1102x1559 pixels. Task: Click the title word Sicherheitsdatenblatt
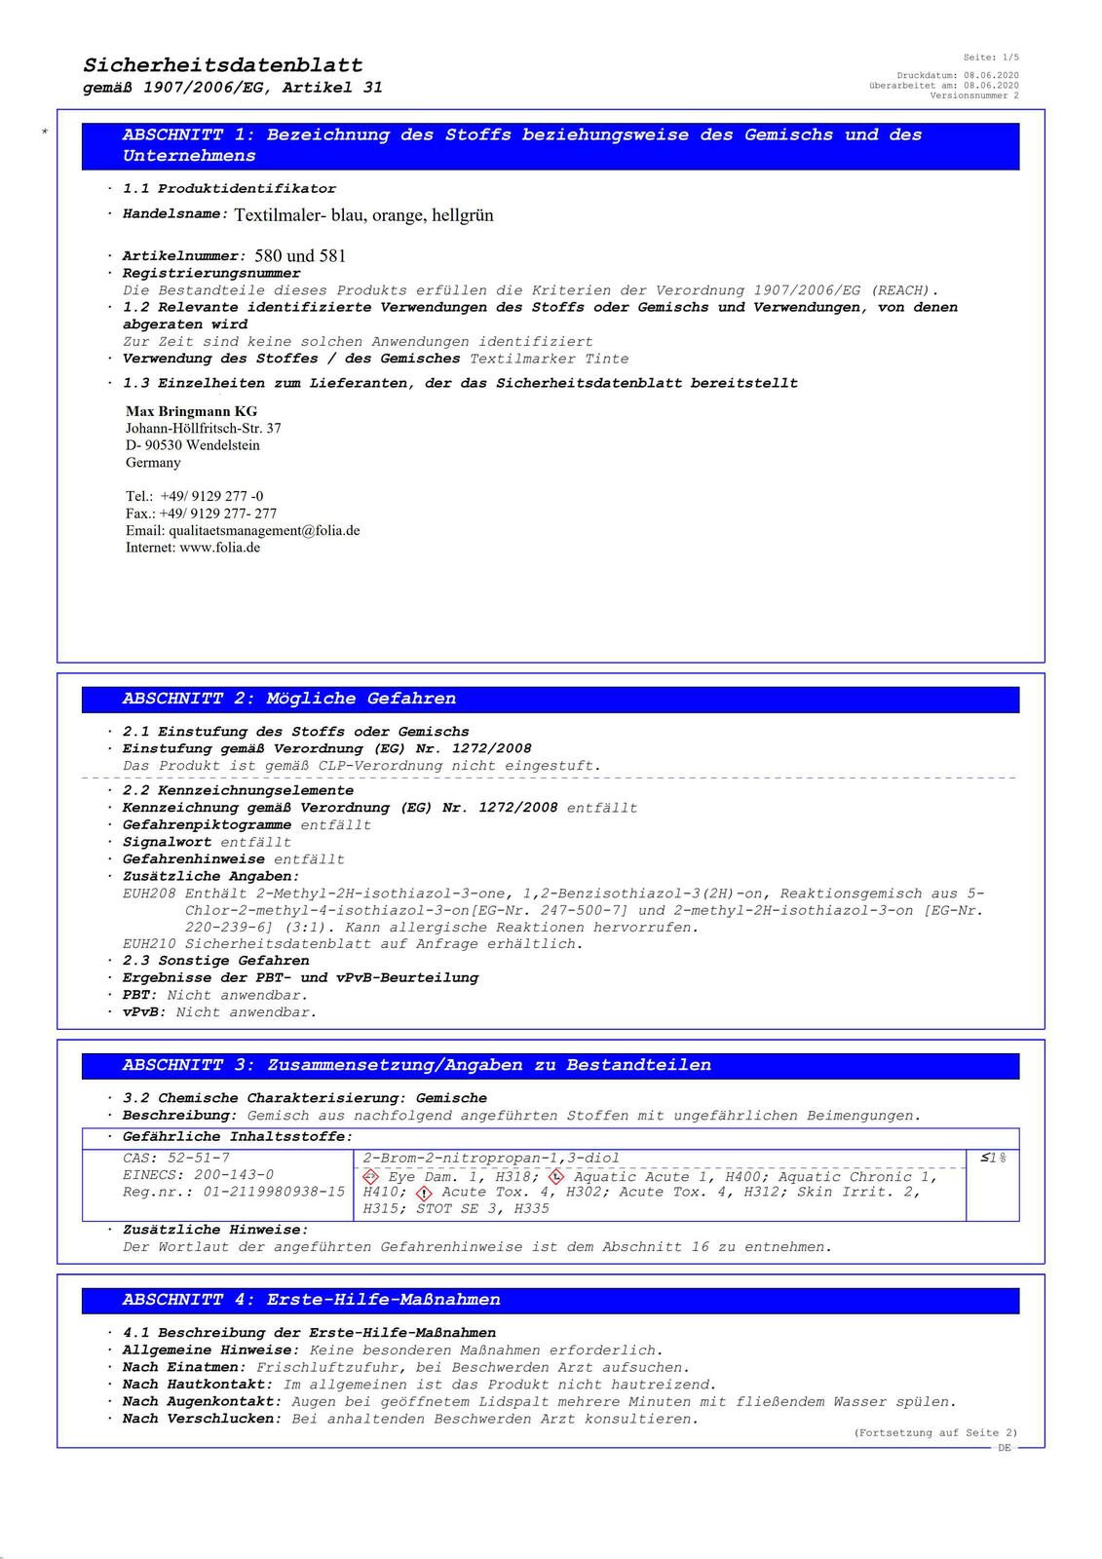click(223, 65)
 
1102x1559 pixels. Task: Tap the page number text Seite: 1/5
click(991, 57)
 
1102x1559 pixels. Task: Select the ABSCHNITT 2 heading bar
click(551, 699)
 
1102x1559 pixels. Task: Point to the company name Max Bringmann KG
click(192, 411)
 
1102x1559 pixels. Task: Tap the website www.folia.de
click(219, 548)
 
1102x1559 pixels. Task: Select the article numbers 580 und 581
click(300, 256)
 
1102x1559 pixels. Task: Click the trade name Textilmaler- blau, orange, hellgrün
click(363, 214)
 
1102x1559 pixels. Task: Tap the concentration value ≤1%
click(993, 1158)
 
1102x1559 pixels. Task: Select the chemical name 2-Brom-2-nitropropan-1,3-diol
click(491, 1158)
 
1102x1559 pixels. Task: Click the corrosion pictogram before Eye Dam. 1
click(370, 1177)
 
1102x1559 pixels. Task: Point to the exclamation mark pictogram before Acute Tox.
click(424, 1193)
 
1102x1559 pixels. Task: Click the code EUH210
click(149, 943)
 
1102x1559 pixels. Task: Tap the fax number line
click(201, 513)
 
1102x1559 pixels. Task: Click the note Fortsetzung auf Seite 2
click(935, 1432)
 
